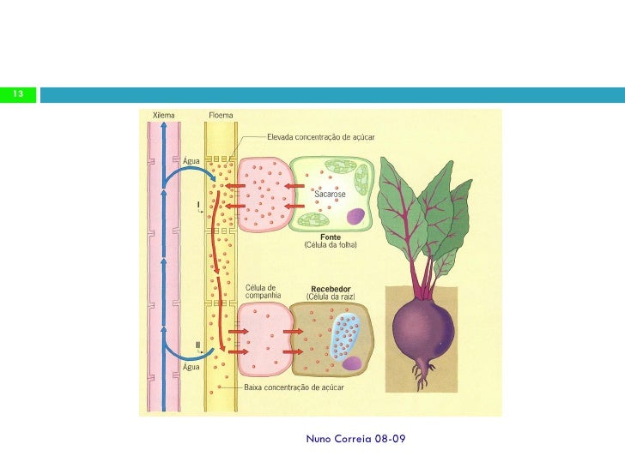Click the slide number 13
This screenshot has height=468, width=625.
tap(18, 93)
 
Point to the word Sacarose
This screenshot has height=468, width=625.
tap(329, 195)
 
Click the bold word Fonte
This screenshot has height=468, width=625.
tap(330, 237)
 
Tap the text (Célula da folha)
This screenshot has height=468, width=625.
tap(330, 245)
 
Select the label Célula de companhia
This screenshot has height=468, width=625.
tap(264, 292)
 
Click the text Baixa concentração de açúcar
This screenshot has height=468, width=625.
tap(294, 387)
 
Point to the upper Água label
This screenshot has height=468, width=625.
tap(192, 159)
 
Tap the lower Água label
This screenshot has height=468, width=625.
tap(192, 366)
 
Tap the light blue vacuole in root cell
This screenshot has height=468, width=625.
tap(347, 333)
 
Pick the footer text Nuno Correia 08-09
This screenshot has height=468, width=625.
tap(355, 439)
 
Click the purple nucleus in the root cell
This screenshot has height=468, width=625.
tap(352, 363)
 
